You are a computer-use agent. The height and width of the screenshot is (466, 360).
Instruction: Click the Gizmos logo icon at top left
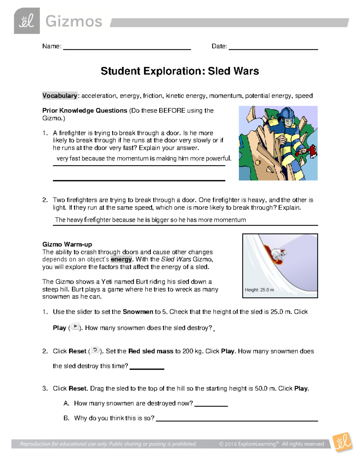27,21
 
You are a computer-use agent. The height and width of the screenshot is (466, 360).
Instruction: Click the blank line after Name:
127,49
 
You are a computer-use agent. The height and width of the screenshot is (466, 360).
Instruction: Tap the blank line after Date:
273,49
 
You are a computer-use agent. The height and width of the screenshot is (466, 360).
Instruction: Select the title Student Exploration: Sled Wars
180,71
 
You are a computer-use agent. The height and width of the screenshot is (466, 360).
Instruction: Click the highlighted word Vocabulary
60,96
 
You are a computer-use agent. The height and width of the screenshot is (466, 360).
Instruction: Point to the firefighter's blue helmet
286,114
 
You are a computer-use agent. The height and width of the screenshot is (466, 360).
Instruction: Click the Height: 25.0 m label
259,290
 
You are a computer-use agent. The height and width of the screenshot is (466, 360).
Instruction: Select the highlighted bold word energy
121,259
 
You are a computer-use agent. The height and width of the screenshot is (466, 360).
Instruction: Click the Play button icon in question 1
75,327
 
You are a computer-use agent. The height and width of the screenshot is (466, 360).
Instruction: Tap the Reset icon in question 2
95,350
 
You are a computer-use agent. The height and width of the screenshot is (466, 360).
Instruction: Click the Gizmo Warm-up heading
67,244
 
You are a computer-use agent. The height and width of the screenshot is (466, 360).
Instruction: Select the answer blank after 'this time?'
147,368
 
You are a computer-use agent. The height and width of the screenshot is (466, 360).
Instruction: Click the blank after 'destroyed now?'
211,406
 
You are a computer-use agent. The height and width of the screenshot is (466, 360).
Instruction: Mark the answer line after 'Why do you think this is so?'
237,420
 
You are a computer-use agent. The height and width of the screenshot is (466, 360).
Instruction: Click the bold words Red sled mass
151,351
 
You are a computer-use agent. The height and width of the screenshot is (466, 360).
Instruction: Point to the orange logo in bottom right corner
342,442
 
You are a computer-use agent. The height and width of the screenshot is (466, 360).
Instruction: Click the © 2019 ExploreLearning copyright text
271,444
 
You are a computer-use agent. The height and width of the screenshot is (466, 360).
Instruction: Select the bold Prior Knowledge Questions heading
85,110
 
